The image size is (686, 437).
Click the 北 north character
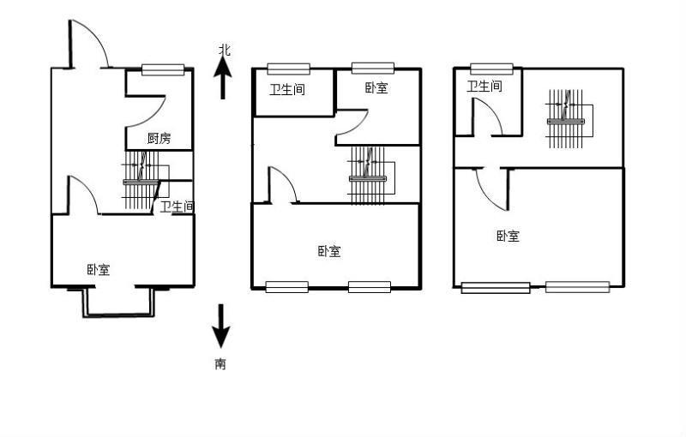click(224, 51)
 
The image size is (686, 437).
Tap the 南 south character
click(220, 364)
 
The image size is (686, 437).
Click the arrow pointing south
click(221, 326)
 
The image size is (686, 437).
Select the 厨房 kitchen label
click(159, 138)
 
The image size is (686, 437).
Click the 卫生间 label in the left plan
click(177, 207)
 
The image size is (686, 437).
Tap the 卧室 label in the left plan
click(98, 270)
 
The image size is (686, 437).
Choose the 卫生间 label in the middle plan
click(287, 88)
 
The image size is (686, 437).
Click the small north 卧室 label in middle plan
click(376, 87)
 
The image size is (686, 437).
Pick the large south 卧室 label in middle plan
click(329, 251)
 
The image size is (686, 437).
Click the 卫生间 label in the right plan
click(484, 87)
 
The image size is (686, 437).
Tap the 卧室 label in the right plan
click(508, 236)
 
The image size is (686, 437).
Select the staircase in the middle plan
click(369, 176)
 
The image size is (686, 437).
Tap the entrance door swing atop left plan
click(88, 43)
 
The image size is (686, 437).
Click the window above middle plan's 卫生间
click(287, 68)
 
